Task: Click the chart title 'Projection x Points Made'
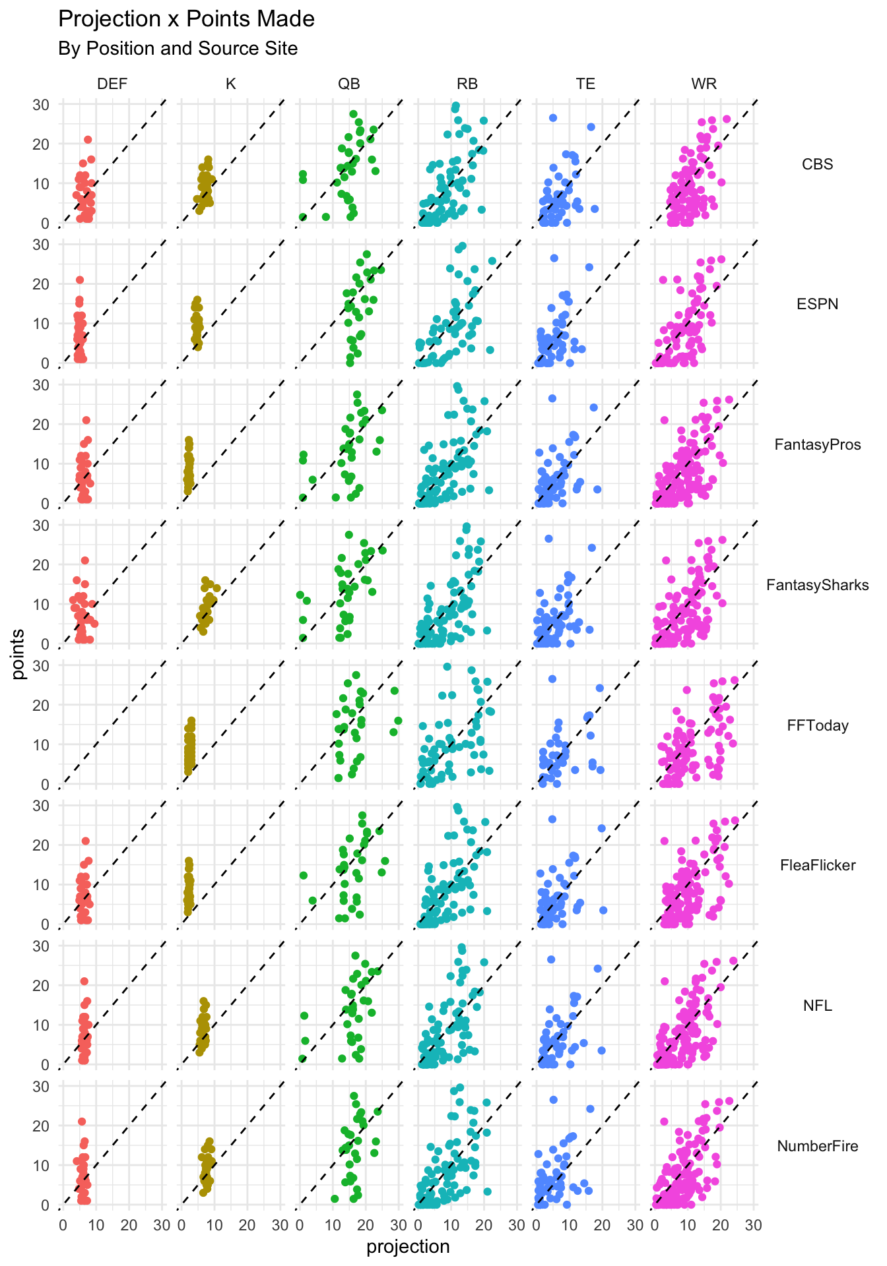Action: pos(186,19)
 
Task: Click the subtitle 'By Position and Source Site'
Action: pos(178,49)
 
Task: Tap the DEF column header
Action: pos(112,84)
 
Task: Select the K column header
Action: pos(230,84)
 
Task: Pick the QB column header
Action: pos(348,84)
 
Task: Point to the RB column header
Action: pos(467,84)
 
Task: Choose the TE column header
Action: pos(585,84)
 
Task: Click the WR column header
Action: pos(704,84)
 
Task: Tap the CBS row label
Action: pos(817,164)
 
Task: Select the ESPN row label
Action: pos(817,304)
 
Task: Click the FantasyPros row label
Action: pos(817,444)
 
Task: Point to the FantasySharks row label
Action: pos(817,585)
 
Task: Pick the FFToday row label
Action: pos(817,725)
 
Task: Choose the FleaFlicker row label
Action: pos(817,865)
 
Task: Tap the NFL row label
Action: pos(817,1006)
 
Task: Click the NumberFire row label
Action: pos(817,1146)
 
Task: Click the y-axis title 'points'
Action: pos(18,654)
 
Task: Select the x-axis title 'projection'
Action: pos(408,1247)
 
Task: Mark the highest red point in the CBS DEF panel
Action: pos(88,140)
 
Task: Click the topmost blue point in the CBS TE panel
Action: pos(553,118)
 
